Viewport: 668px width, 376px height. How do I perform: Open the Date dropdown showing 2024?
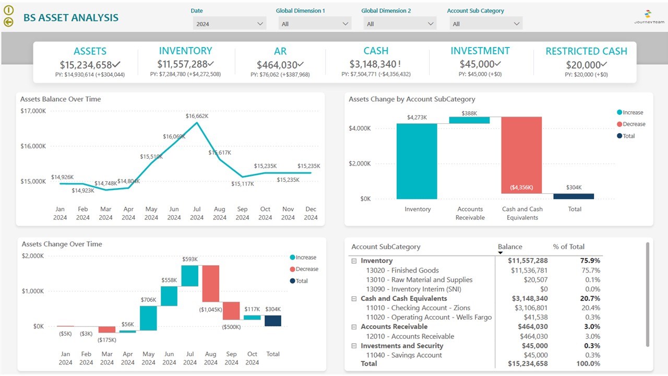(230, 24)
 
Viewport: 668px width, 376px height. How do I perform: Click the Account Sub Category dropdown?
(485, 24)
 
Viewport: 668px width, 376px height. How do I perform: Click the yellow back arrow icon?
(8, 22)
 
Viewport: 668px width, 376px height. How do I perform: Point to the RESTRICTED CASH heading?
(586, 51)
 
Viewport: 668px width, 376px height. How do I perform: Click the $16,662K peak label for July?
(197, 116)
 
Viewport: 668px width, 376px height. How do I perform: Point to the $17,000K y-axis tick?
(33, 111)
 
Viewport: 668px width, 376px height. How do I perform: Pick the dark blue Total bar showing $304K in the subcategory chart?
(574, 196)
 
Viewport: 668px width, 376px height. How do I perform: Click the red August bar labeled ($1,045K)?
(210, 284)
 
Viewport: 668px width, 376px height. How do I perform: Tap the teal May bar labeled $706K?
(148, 318)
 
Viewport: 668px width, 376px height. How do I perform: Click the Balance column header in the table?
(510, 246)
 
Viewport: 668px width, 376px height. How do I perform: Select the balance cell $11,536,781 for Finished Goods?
(528, 271)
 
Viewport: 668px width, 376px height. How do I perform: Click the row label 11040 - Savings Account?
(403, 355)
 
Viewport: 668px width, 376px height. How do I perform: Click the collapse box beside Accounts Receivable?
(354, 327)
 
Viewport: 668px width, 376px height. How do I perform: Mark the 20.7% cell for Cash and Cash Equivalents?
(590, 299)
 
